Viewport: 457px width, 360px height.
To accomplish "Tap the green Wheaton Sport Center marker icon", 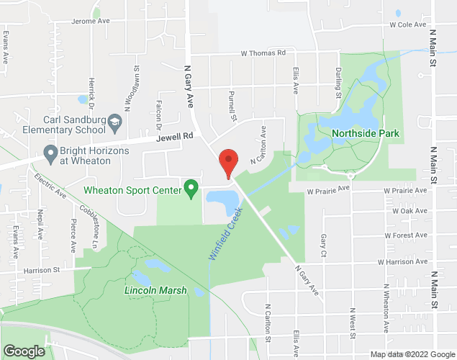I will [191, 189].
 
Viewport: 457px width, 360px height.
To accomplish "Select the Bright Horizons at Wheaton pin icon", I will [50, 153].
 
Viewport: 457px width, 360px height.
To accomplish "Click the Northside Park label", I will [366, 133].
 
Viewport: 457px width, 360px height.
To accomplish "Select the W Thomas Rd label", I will [263, 53].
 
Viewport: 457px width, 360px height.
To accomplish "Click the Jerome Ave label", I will [90, 22].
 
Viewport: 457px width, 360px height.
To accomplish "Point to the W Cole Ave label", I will [408, 24].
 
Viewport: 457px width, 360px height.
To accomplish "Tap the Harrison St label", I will [40, 270].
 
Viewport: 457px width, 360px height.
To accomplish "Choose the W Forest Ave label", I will [407, 235].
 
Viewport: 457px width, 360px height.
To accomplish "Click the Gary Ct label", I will [325, 246].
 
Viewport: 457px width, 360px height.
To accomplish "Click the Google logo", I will [24, 351].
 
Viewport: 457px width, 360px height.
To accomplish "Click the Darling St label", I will [338, 81].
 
